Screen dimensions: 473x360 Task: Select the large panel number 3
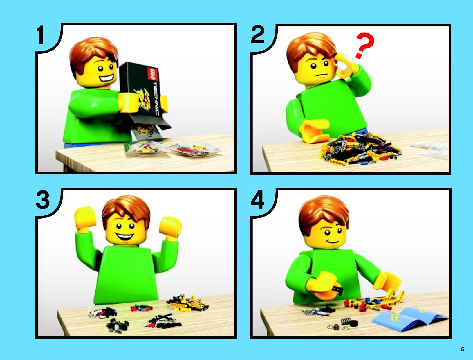(x=43, y=200)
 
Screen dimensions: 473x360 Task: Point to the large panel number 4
(x=258, y=200)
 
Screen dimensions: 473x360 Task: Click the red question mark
(x=364, y=46)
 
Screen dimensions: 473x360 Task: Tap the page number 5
(x=463, y=349)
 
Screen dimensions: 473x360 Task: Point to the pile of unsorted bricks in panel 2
(x=360, y=149)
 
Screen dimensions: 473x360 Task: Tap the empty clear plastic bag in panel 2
(x=430, y=149)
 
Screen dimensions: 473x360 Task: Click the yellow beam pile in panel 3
(x=187, y=303)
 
